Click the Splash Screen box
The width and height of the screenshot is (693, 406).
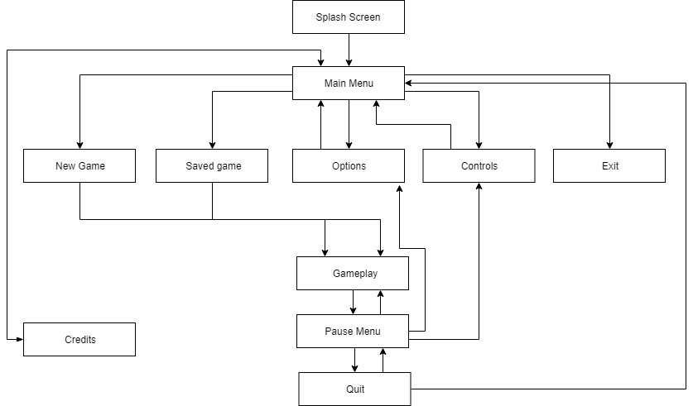coord(349,17)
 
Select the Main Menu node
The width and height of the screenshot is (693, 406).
coord(349,84)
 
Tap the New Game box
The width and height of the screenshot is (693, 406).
coord(79,166)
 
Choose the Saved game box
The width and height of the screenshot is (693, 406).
coord(213,166)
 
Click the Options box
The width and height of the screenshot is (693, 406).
coord(349,166)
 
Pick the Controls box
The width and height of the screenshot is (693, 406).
coord(479,166)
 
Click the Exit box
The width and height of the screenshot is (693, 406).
coord(609,166)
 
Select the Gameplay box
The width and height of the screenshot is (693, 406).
coord(353,274)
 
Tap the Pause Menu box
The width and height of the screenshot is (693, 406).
coord(353,332)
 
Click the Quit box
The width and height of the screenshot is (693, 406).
coord(354,389)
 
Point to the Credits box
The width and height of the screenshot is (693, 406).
coord(79,340)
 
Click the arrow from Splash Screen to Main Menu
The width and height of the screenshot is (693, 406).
coord(349,50)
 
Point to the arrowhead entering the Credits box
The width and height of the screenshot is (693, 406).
coord(18,340)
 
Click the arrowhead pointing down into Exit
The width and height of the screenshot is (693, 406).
coord(609,145)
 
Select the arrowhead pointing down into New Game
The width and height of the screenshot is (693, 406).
coord(79,145)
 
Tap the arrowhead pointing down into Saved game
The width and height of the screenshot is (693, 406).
coord(213,145)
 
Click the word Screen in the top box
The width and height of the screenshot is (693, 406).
coord(364,17)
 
